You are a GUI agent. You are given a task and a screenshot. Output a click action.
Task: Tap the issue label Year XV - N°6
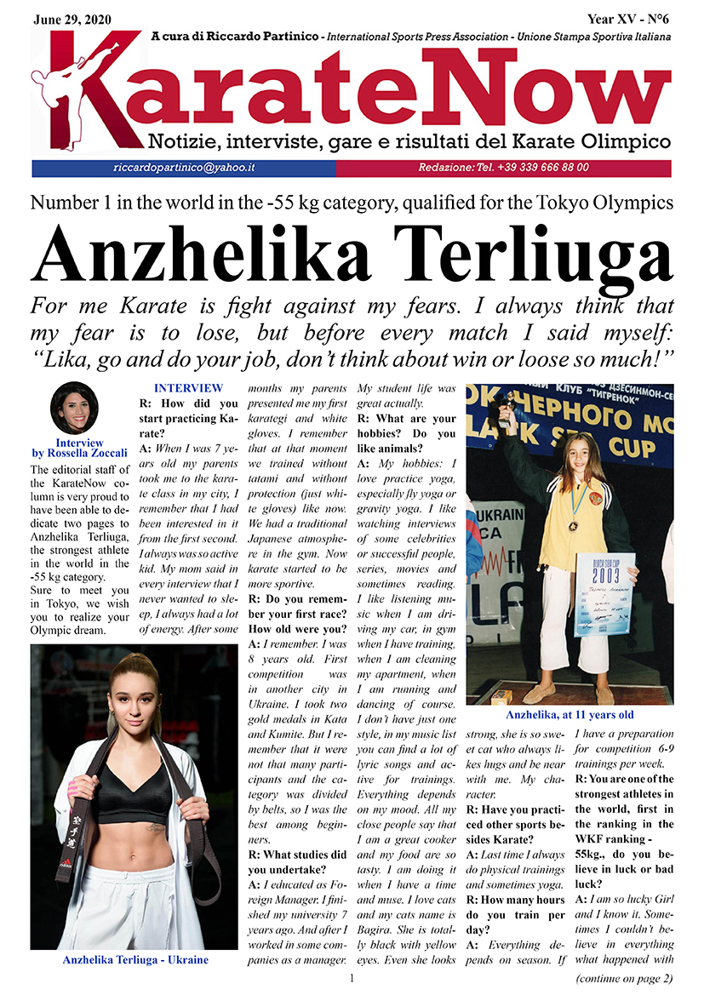point(629,18)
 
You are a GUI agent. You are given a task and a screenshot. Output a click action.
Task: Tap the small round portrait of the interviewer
point(74,409)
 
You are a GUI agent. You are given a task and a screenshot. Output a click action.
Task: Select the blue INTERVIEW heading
point(188,388)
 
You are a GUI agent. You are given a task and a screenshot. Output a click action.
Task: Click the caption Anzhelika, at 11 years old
point(569,715)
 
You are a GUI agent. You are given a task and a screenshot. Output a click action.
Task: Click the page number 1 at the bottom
point(352,980)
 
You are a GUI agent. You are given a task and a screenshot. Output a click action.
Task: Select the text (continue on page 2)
point(624,977)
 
